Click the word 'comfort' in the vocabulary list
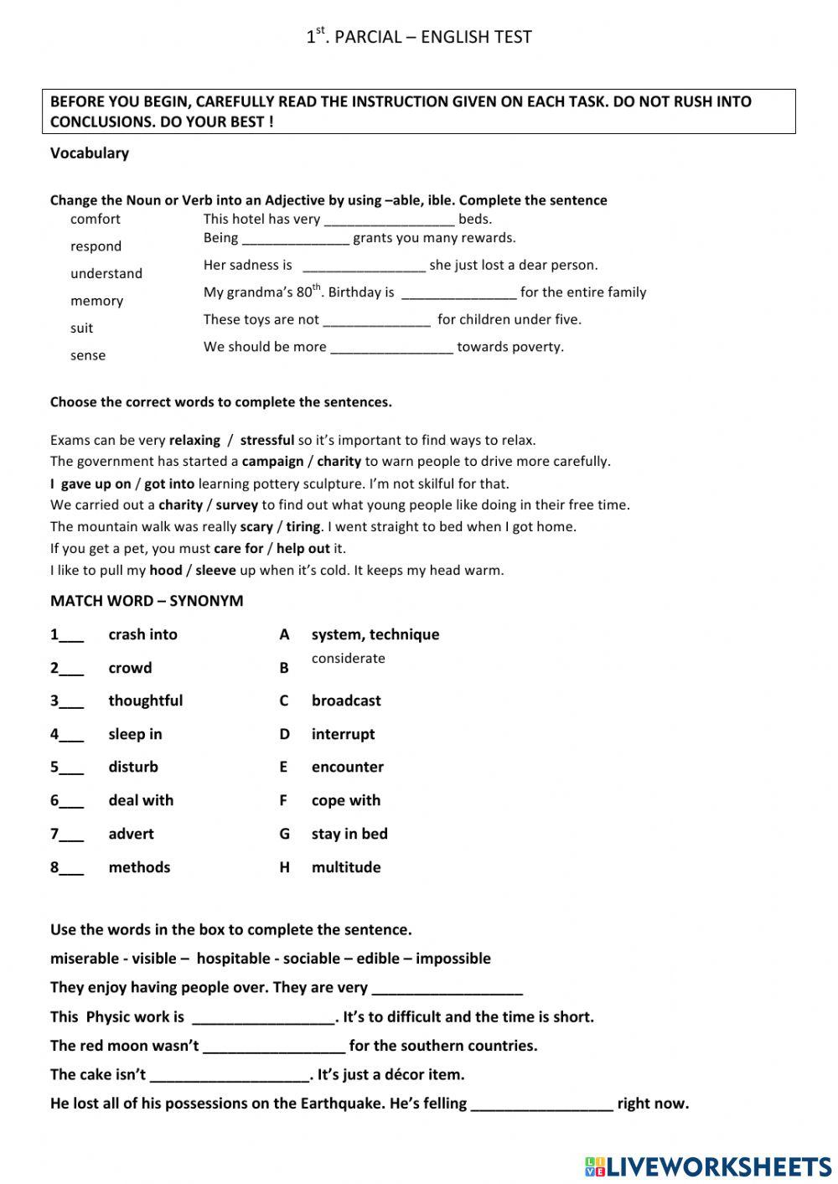point(95,220)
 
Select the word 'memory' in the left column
point(96,301)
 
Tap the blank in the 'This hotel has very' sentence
point(389,220)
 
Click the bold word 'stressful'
point(266,440)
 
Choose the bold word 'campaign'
point(272,462)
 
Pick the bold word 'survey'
point(236,505)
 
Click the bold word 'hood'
point(165,571)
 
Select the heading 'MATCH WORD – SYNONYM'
point(147,601)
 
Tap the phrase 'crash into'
point(142,634)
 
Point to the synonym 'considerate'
point(348,659)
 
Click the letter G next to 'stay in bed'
point(284,834)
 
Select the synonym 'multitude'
point(345,867)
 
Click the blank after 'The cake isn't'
point(229,1076)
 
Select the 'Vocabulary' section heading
point(90,153)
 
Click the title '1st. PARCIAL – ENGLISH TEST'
point(418,36)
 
